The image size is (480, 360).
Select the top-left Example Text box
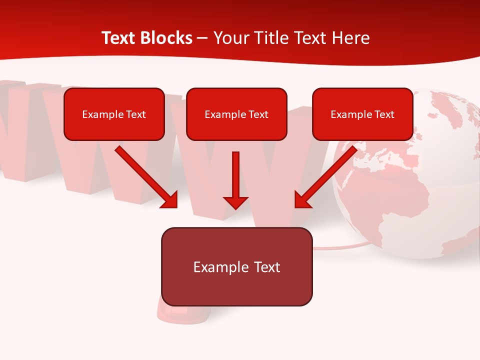(114, 114)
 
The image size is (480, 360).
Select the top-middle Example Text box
(236, 114)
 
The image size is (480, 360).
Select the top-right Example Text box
(362, 114)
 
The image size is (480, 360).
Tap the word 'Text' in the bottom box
(266, 267)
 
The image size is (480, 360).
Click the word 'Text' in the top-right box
(384, 114)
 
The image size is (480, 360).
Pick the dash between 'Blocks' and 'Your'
(202, 38)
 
